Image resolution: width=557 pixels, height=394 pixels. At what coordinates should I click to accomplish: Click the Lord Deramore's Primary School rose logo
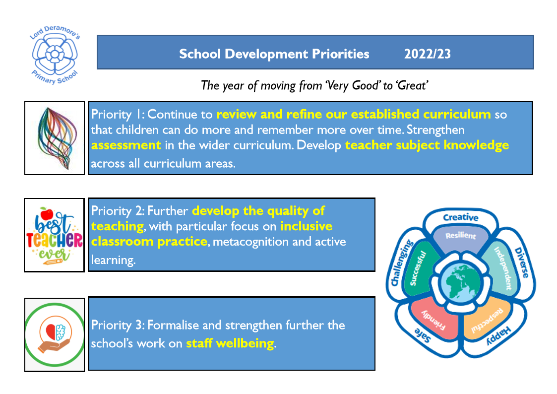pos(55,55)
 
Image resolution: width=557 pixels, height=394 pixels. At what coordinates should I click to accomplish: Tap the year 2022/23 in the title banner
pos(428,54)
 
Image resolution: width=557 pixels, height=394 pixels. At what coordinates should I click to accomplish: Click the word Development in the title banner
pos(266,54)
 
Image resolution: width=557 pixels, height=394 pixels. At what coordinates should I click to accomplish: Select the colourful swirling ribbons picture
pos(57,138)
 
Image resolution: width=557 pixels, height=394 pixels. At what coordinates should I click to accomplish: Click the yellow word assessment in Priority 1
pos(126,145)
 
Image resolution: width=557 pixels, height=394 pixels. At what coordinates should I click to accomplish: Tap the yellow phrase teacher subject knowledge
pos(427,145)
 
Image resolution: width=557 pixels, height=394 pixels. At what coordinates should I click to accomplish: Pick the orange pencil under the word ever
pos(53,262)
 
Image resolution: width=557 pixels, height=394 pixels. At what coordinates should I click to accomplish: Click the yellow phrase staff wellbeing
pos(230,343)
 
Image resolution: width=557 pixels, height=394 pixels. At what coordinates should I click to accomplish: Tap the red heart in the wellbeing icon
pos(51,331)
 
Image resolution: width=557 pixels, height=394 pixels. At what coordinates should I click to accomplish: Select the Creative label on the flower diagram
pos(461,217)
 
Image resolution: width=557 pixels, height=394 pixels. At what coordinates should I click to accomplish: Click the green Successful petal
pos(419,268)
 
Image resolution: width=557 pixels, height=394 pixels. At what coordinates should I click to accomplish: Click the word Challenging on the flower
pos(402,263)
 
